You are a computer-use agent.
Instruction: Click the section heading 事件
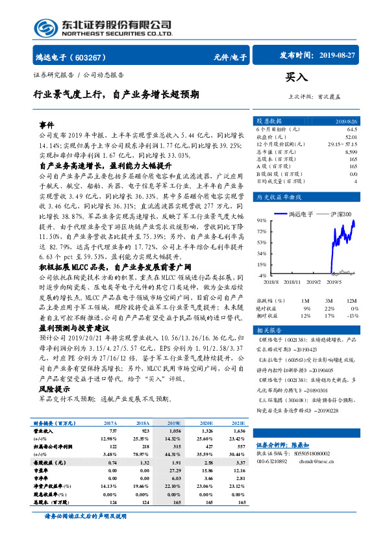click(46, 124)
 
